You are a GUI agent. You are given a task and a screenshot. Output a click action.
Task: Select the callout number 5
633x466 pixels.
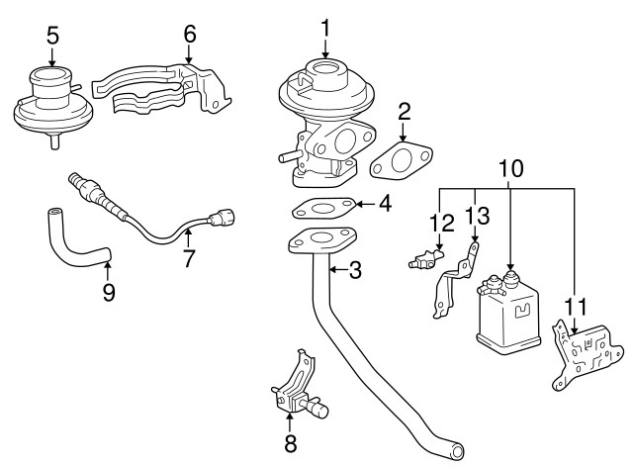52,37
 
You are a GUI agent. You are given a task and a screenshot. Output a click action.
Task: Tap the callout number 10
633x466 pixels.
510,170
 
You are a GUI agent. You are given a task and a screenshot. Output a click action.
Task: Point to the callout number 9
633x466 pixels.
108,292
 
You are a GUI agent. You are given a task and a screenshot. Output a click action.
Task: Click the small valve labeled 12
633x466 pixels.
424,261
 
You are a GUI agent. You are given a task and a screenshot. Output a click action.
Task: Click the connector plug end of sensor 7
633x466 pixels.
225,212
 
